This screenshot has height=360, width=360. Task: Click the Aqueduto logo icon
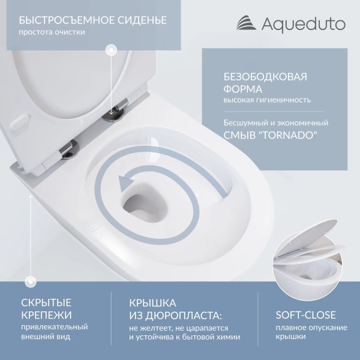tap(244, 24)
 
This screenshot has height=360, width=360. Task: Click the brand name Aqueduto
tap(303, 24)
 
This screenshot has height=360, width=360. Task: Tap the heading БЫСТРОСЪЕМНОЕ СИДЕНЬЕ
tap(92, 20)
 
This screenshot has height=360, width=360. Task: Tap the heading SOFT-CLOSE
tap(305, 314)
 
